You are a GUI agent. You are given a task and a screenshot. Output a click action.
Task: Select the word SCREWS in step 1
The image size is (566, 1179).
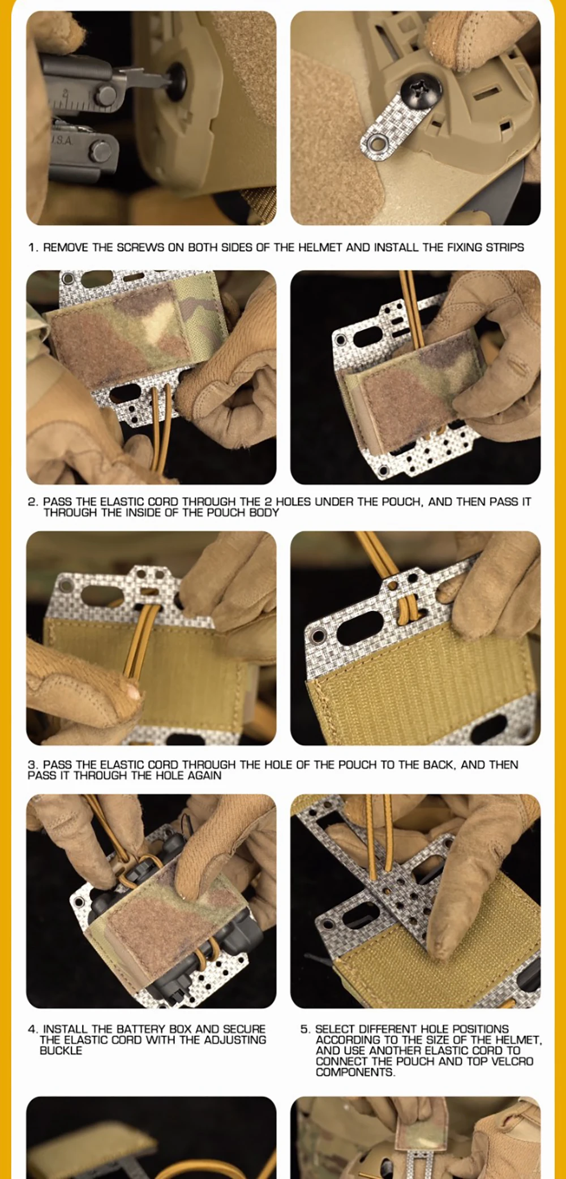140,247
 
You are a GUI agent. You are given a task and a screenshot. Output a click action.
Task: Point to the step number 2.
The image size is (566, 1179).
32,502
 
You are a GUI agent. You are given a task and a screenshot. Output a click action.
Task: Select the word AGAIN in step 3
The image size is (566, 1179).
204,776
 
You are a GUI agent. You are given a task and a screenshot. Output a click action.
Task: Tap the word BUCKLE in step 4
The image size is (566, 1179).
61,1050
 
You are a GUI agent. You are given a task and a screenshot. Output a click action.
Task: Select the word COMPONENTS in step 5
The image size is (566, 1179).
355,1072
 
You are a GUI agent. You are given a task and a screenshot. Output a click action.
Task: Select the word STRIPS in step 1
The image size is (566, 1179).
505,247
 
